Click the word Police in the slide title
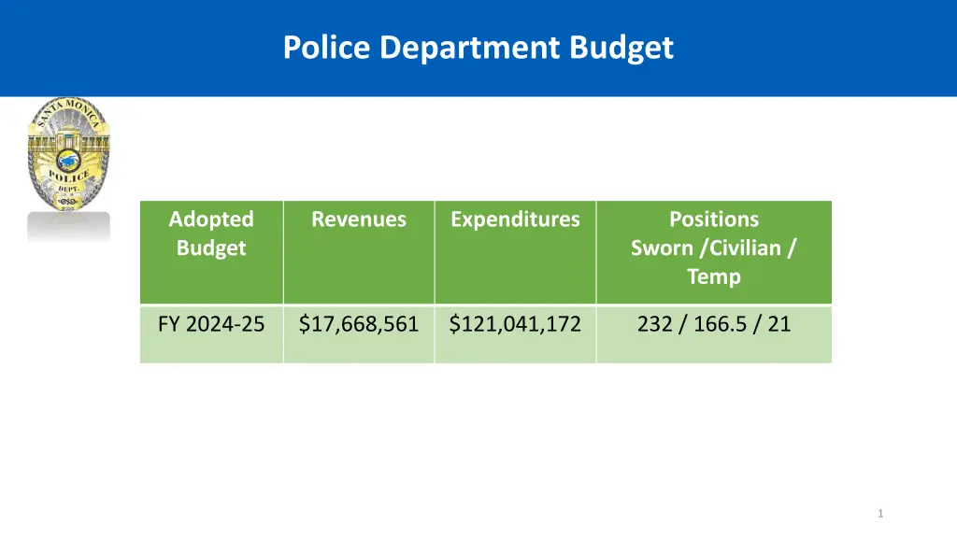[x=328, y=47]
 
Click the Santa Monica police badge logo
[x=68, y=153]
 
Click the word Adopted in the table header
[x=211, y=219]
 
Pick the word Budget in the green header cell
[x=211, y=248]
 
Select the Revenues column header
[x=359, y=219]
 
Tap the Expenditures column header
[x=515, y=219]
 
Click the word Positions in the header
[x=714, y=219]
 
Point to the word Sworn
[x=662, y=248]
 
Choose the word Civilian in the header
[x=745, y=248]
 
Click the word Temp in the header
[x=714, y=276]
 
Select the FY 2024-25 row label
[x=211, y=324]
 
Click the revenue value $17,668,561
[x=359, y=324]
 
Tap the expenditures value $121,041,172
[x=515, y=324]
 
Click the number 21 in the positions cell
[x=779, y=324]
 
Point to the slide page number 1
[x=880, y=514]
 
